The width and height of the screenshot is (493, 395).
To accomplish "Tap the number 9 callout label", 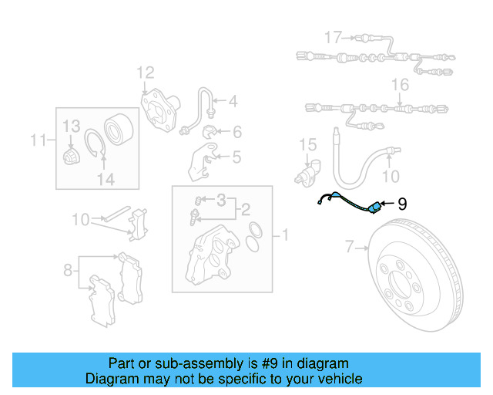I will tap(401, 204).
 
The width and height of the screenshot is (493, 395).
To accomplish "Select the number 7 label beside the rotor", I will tap(349, 248).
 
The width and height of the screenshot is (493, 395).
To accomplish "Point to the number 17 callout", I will tap(332, 37).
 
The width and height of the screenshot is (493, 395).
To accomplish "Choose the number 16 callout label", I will tap(400, 84).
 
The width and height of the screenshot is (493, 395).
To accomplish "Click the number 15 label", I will tap(307, 144).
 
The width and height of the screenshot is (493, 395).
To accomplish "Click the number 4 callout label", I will tap(232, 101).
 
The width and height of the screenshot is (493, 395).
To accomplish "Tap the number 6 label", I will tap(236, 131).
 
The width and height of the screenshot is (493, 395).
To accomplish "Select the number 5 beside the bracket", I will tap(236, 158).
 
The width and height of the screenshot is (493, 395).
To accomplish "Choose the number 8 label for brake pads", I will tap(69, 270).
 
